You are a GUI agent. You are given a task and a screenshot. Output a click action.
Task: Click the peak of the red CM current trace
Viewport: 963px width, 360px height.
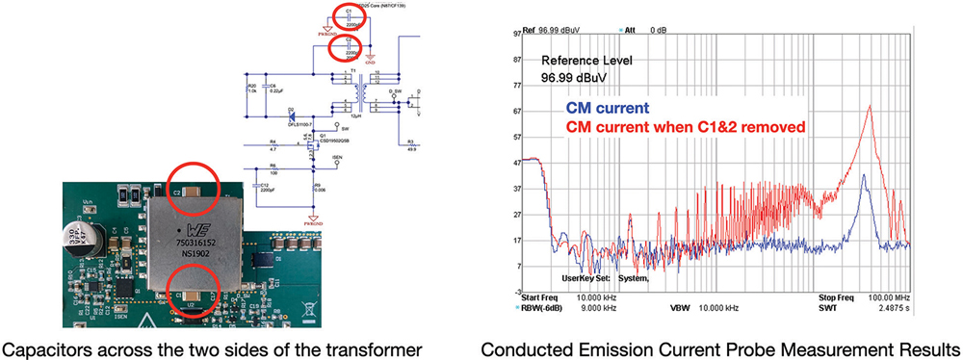pos(871,107)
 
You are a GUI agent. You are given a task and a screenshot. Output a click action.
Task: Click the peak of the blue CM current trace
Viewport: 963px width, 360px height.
pos(865,175)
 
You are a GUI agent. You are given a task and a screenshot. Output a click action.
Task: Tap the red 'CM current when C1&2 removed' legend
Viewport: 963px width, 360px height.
pos(687,127)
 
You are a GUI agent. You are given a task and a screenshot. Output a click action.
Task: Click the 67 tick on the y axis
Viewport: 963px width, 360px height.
pos(516,113)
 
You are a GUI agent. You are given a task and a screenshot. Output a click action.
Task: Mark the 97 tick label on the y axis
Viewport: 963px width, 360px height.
pos(516,33)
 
